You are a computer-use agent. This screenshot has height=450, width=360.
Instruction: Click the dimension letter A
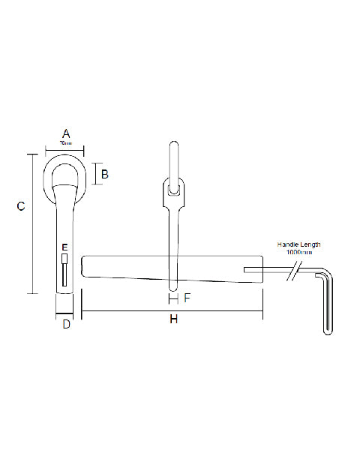click(x=65, y=133)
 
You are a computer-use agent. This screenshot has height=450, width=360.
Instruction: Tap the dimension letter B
click(x=105, y=174)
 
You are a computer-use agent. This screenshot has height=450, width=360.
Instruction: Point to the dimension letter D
click(x=65, y=324)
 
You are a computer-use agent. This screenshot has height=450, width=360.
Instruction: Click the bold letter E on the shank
click(x=65, y=247)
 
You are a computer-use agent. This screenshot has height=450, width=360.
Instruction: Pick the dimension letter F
click(x=187, y=298)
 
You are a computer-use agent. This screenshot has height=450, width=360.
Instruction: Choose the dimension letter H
click(x=173, y=319)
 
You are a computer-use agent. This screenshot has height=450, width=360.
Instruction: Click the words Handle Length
click(x=299, y=244)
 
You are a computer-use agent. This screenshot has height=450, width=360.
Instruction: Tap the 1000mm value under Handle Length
click(x=299, y=253)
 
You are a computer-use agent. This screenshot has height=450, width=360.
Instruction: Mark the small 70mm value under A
click(x=65, y=142)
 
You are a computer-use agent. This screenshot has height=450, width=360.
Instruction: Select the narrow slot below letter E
click(x=65, y=270)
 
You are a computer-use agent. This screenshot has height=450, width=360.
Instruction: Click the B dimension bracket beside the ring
click(x=94, y=174)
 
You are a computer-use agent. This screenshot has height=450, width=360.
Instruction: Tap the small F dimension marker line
click(x=173, y=298)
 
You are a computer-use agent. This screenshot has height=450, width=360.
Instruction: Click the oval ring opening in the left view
click(x=65, y=171)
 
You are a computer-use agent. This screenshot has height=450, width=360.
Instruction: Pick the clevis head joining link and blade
click(x=173, y=196)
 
